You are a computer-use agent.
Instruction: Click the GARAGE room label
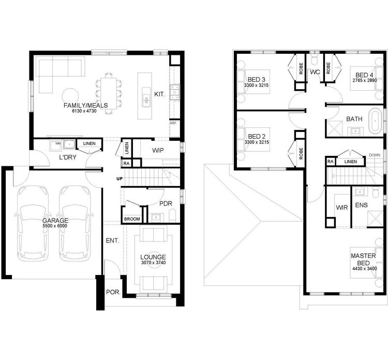click(x=55, y=220)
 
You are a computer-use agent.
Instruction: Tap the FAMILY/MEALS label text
click(x=85, y=105)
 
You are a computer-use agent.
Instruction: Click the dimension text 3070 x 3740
click(x=153, y=263)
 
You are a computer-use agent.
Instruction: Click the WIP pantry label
click(x=158, y=151)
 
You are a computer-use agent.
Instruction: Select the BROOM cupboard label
click(x=132, y=219)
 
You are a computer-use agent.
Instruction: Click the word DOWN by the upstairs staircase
click(x=375, y=155)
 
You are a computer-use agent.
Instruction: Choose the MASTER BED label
click(x=363, y=259)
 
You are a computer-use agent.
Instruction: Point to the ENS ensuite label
click(x=361, y=206)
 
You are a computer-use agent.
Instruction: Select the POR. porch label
click(x=113, y=293)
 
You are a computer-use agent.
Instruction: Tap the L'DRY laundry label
click(x=67, y=157)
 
